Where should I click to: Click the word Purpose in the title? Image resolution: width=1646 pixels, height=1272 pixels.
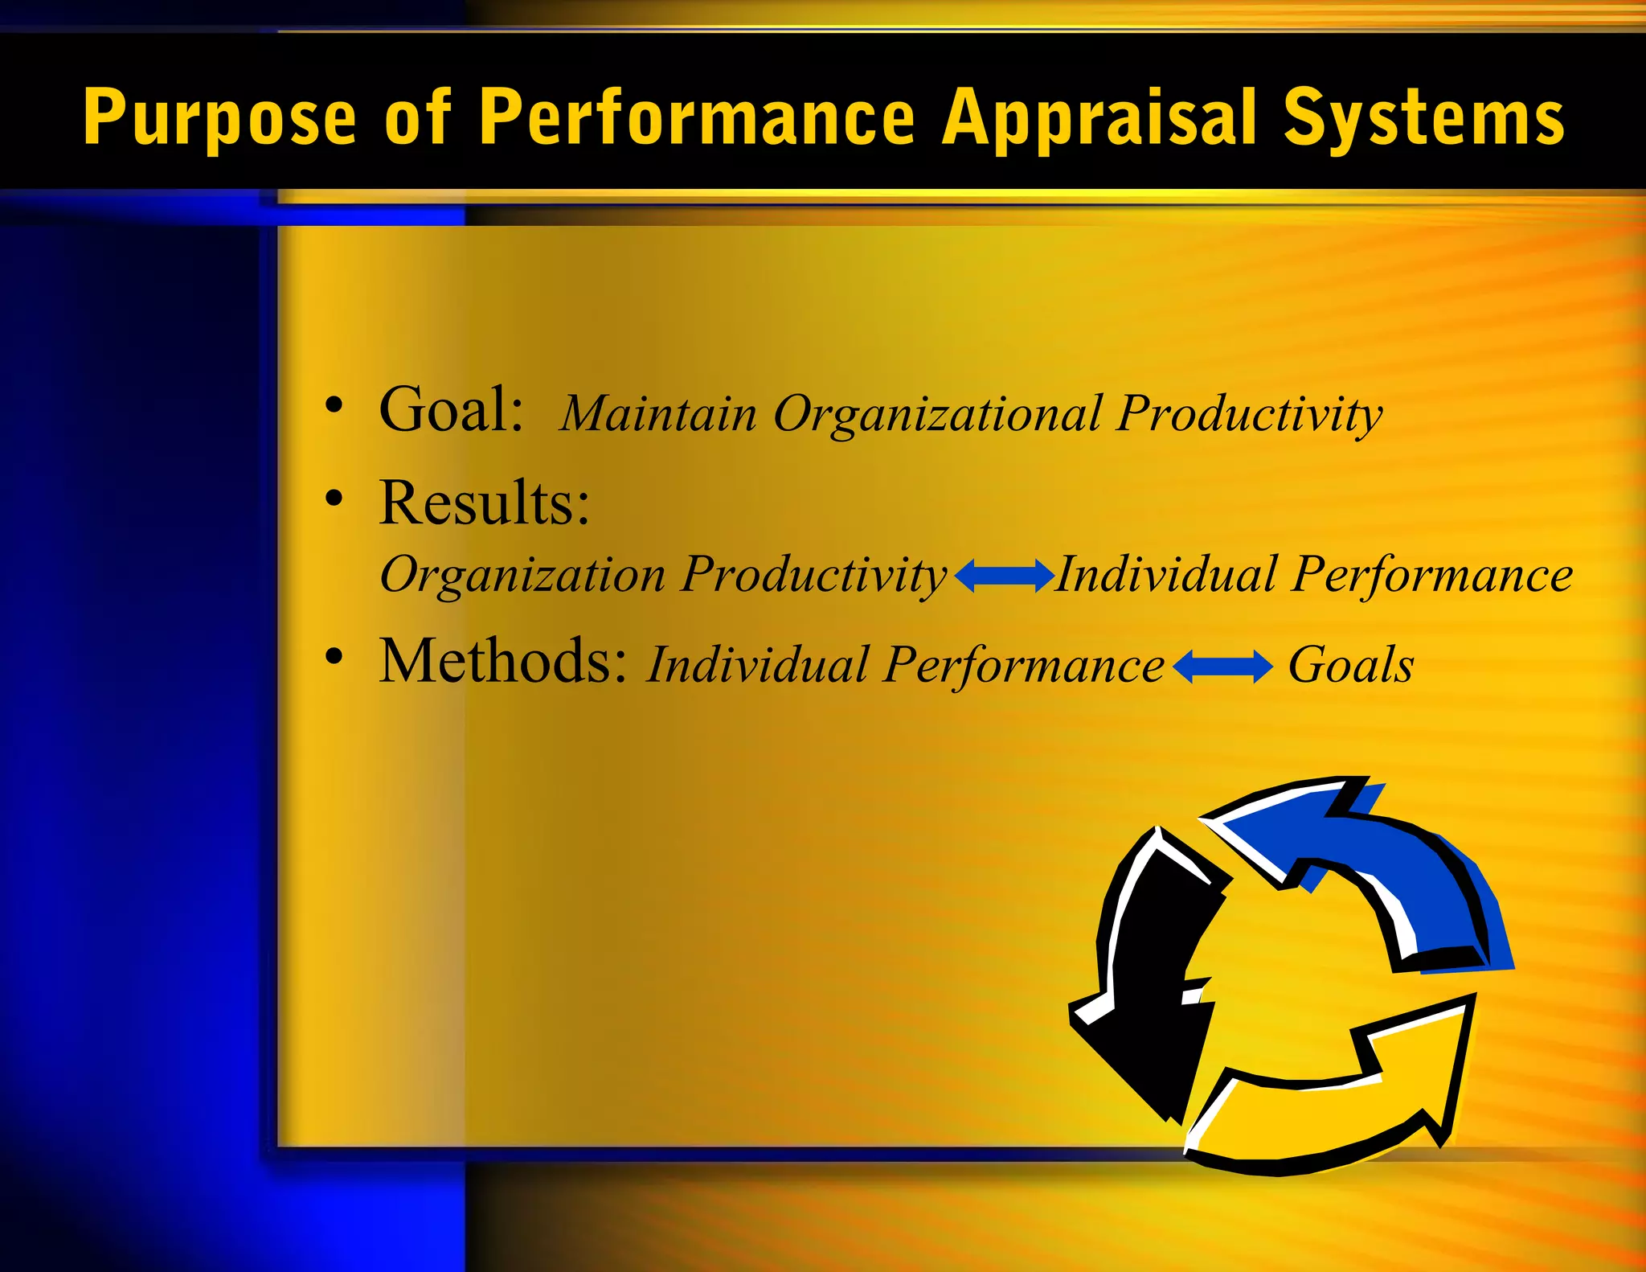point(219,119)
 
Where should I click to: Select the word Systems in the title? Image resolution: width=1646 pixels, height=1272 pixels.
point(1423,119)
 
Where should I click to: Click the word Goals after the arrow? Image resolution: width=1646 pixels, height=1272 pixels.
point(1350,665)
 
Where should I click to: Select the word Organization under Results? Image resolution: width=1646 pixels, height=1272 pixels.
point(522,575)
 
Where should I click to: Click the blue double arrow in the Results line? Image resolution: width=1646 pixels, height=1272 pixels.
point(1005,576)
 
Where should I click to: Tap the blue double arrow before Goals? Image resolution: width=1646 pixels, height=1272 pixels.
point(1222,667)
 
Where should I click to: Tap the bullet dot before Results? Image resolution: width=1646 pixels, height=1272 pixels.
point(334,499)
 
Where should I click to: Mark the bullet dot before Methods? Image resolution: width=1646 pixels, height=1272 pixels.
point(334,656)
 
